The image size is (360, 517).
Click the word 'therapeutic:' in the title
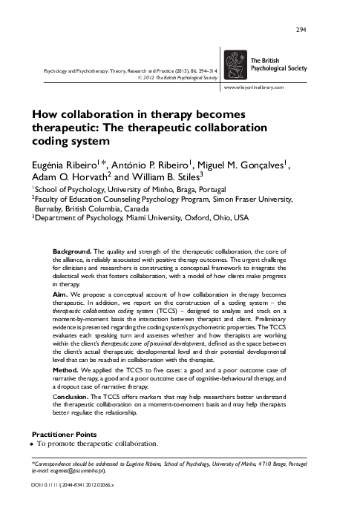(71, 128)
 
